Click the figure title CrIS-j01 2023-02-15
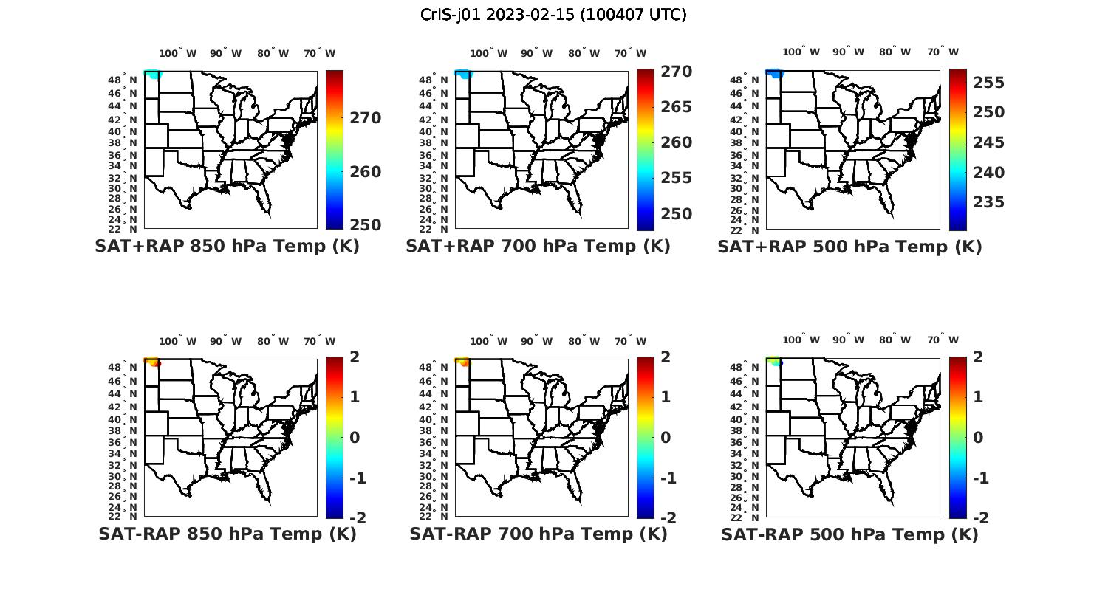tap(553, 15)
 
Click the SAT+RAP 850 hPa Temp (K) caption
tap(227, 247)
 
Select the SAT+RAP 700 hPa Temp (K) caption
tap(538, 247)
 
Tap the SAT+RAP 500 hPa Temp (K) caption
tap(849, 247)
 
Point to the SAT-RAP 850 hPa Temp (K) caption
tap(227, 534)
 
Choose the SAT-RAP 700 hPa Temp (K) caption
tap(538, 534)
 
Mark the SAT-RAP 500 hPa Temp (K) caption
tap(849, 534)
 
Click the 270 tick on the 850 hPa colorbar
tap(365, 118)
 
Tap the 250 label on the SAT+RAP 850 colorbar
tap(365, 225)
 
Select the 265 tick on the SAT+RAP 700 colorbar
tap(675, 107)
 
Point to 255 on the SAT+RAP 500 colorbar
tap(988, 83)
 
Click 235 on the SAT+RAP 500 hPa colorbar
tap(988, 202)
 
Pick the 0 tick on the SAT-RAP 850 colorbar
tap(355, 438)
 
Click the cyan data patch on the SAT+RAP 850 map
tap(153, 75)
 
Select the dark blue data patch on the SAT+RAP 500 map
tap(774, 74)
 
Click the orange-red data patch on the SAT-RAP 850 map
tap(153, 362)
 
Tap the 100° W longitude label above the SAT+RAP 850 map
tap(178, 53)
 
